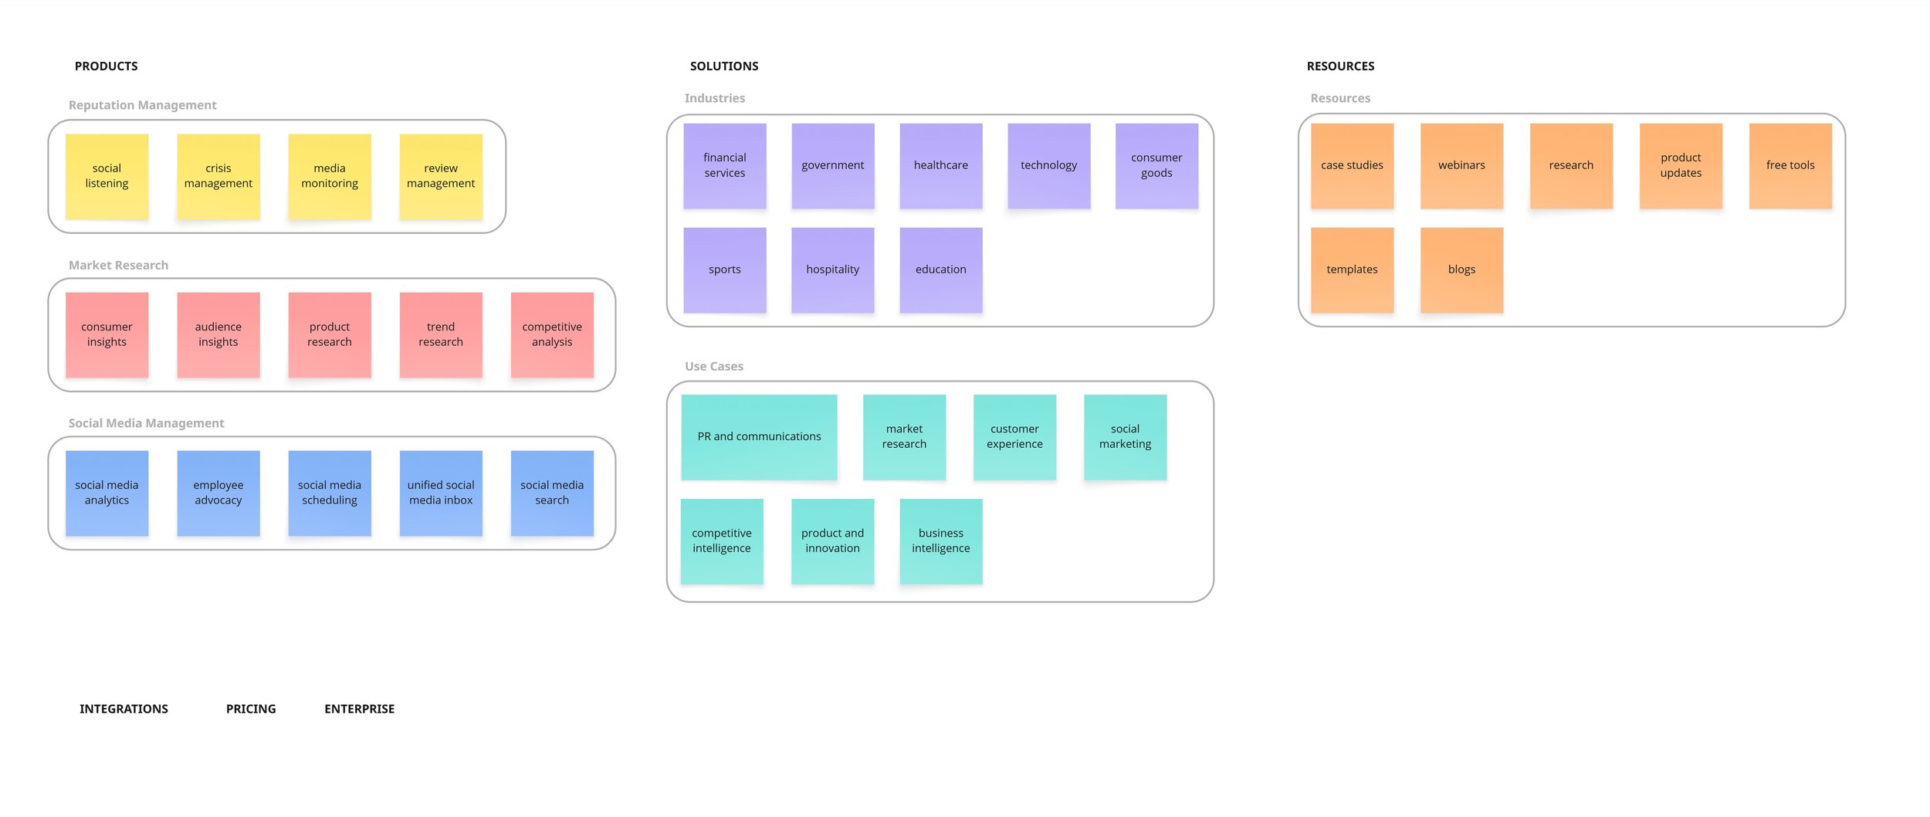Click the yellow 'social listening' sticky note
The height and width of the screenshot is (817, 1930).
(x=107, y=176)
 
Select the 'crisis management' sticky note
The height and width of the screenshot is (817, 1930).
(x=218, y=176)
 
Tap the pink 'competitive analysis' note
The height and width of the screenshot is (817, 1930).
(x=552, y=334)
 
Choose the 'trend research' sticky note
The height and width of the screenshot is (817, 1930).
(x=441, y=334)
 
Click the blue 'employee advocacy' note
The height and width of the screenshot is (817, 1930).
(x=218, y=493)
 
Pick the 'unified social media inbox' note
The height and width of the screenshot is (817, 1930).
(x=441, y=493)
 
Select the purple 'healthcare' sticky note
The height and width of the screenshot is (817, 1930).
(x=940, y=165)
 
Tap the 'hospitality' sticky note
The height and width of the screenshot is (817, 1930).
(x=832, y=270)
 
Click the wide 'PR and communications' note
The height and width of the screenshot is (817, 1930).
(x=759, y=437)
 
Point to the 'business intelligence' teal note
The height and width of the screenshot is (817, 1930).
(x=940, y=541)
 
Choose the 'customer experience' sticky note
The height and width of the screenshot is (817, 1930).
(x=1014, y=437)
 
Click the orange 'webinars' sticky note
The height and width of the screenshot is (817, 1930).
(x=1461, y=165)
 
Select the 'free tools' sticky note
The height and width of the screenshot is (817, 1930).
(x=1790, y=165)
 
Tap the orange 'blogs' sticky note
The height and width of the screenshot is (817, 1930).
(x=1461, y=270)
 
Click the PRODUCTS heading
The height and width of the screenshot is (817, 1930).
(x=107, y=66)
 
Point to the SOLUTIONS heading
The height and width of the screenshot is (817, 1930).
(x=724, y=66)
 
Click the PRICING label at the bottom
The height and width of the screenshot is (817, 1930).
(x=251, y=709)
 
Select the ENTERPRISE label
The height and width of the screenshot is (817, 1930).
(x=359, y=709)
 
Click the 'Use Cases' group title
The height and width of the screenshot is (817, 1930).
(x=714, y=366)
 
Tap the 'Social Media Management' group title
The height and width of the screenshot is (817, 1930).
(x=146, y=423)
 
